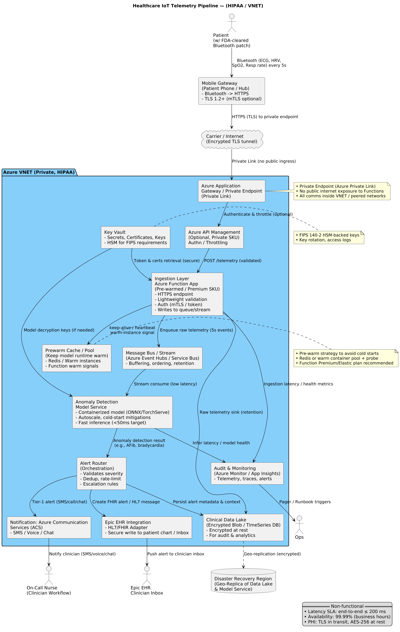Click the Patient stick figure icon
[x=231, y=23]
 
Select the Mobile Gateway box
[x=231, y=91]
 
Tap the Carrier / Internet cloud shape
[x=231, y=139]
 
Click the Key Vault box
[x=136, y=237]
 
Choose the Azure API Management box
[x=214, y=237]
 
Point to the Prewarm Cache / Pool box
[x=77, y=358]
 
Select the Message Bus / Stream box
[x=162, y=358]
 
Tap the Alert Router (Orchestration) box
[x=101, y=473]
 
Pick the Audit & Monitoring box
[x=247, y=473]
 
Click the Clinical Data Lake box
[x=243, y=527]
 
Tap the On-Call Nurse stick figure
[x=49, y=575]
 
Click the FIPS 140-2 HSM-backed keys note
[x=329, y=238]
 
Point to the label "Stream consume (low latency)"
[x=165, y=384]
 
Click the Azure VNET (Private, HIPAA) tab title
[x=39, y=172]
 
